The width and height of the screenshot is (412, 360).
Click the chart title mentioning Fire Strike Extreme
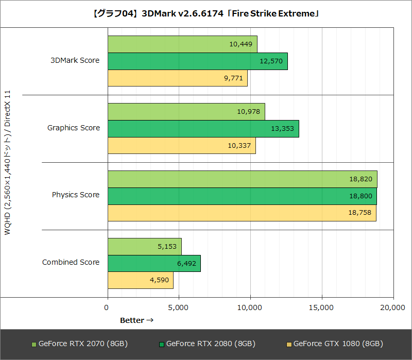(x=206, y=14)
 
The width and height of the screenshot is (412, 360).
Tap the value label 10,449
(x=241, y=44)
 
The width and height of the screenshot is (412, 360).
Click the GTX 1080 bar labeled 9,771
(x=177, y=78)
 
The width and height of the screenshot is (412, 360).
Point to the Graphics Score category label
(x=74, y=128)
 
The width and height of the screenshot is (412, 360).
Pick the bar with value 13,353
(x=203, y=129)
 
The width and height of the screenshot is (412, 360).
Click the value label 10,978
(x=248, y=112)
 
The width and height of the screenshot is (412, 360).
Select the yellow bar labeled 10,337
(x=181, y=146)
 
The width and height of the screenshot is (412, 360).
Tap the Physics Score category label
(x=76, y=195)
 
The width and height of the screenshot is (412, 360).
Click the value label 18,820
(x=360, y=179)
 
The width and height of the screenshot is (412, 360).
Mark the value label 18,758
(x=359, y=213)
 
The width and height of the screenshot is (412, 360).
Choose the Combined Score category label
(x=71, y=262)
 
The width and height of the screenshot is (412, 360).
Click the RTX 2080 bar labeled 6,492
(x=154, y=263)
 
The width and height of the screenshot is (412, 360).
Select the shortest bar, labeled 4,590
(x=140, y=280)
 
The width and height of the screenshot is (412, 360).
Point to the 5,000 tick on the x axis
(x=179, y=307)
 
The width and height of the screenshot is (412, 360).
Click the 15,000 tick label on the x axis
(x=322, y=307)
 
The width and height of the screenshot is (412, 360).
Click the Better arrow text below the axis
(x=137, y=320)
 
